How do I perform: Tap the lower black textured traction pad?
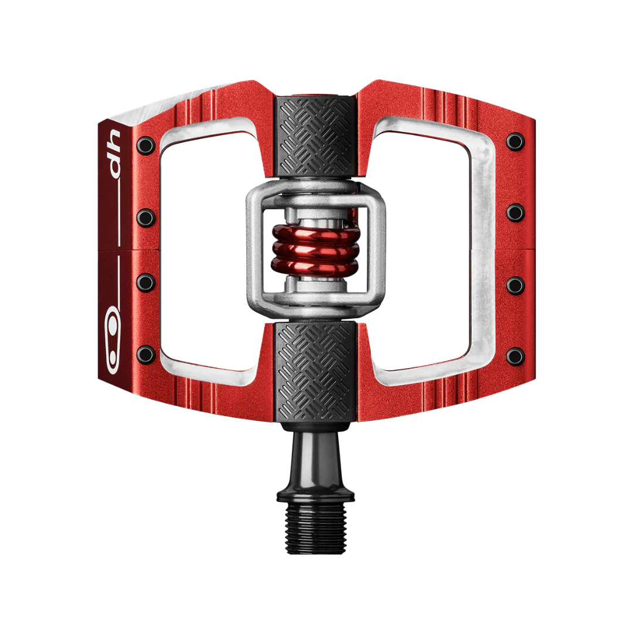(315, 372)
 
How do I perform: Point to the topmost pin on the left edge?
(145, 145)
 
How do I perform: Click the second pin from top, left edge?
(146, 217)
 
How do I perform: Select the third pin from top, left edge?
(146, 282)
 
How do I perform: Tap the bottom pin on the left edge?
(146, 354)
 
